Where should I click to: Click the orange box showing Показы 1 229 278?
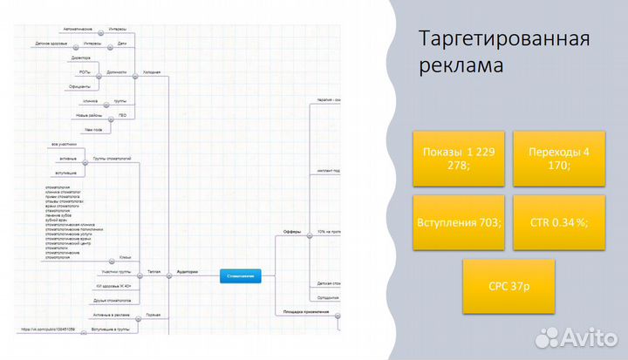pos(459,160)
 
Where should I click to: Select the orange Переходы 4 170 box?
pos(558,160)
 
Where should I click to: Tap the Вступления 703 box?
pos(459,222)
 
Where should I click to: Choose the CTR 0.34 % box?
pos(558,222)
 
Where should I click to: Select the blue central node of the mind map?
pos(241,275)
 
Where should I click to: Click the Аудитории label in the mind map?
pos(187,272)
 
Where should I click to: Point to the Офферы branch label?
pos(293,231)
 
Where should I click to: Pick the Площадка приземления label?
pos(305,311)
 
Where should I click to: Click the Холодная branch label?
pos(152,71)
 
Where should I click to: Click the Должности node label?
pos(116,71)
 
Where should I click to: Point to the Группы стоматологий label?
pos(112,159)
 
